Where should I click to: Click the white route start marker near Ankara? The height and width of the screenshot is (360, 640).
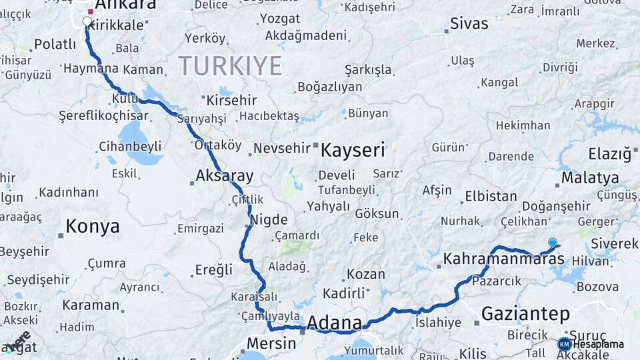87,21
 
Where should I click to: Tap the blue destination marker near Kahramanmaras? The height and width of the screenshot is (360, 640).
552,243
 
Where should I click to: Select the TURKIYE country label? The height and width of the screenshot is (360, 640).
229,66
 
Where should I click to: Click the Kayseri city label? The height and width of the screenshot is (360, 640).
353,150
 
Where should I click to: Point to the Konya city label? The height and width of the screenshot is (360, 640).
93,227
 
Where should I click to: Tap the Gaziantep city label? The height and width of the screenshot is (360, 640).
525,313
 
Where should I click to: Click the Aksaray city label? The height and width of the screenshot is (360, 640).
225,177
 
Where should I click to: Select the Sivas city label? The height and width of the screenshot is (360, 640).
469,24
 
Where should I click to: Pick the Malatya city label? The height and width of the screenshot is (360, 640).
590,178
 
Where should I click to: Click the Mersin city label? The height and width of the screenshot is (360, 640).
271,343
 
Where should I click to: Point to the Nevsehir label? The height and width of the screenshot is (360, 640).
283,148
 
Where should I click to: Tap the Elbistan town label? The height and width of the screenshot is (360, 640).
491,197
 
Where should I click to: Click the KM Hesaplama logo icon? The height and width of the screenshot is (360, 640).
564,344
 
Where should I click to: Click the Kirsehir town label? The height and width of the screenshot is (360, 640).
231,101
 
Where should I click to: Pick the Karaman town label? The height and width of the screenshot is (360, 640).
91,305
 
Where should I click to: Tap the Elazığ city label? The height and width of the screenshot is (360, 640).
609,155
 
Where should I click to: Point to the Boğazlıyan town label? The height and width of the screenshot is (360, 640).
330,87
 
